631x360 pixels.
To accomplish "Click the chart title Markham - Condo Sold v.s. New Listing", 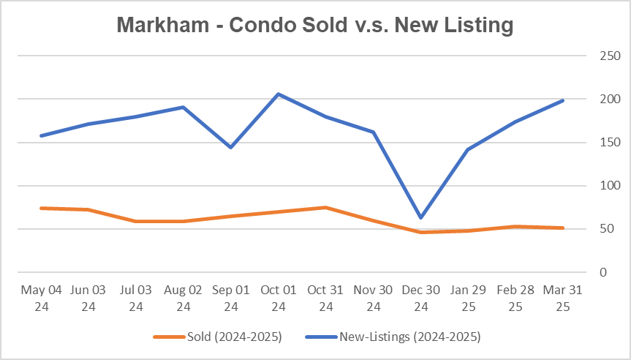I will [315, 25].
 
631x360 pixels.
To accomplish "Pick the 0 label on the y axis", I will [602, 272].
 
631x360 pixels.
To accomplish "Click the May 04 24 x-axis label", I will [41, 298].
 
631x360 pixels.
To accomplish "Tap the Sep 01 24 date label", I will [231, 298].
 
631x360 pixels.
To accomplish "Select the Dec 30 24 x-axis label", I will [421, 298].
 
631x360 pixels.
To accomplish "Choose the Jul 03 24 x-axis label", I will [136, 298].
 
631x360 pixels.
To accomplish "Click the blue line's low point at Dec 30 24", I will [421, 218].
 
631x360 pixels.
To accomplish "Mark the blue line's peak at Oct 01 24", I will [279, 94].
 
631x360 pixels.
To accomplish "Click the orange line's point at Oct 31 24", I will [326, 207].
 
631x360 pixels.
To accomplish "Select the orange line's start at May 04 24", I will [41, 208].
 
